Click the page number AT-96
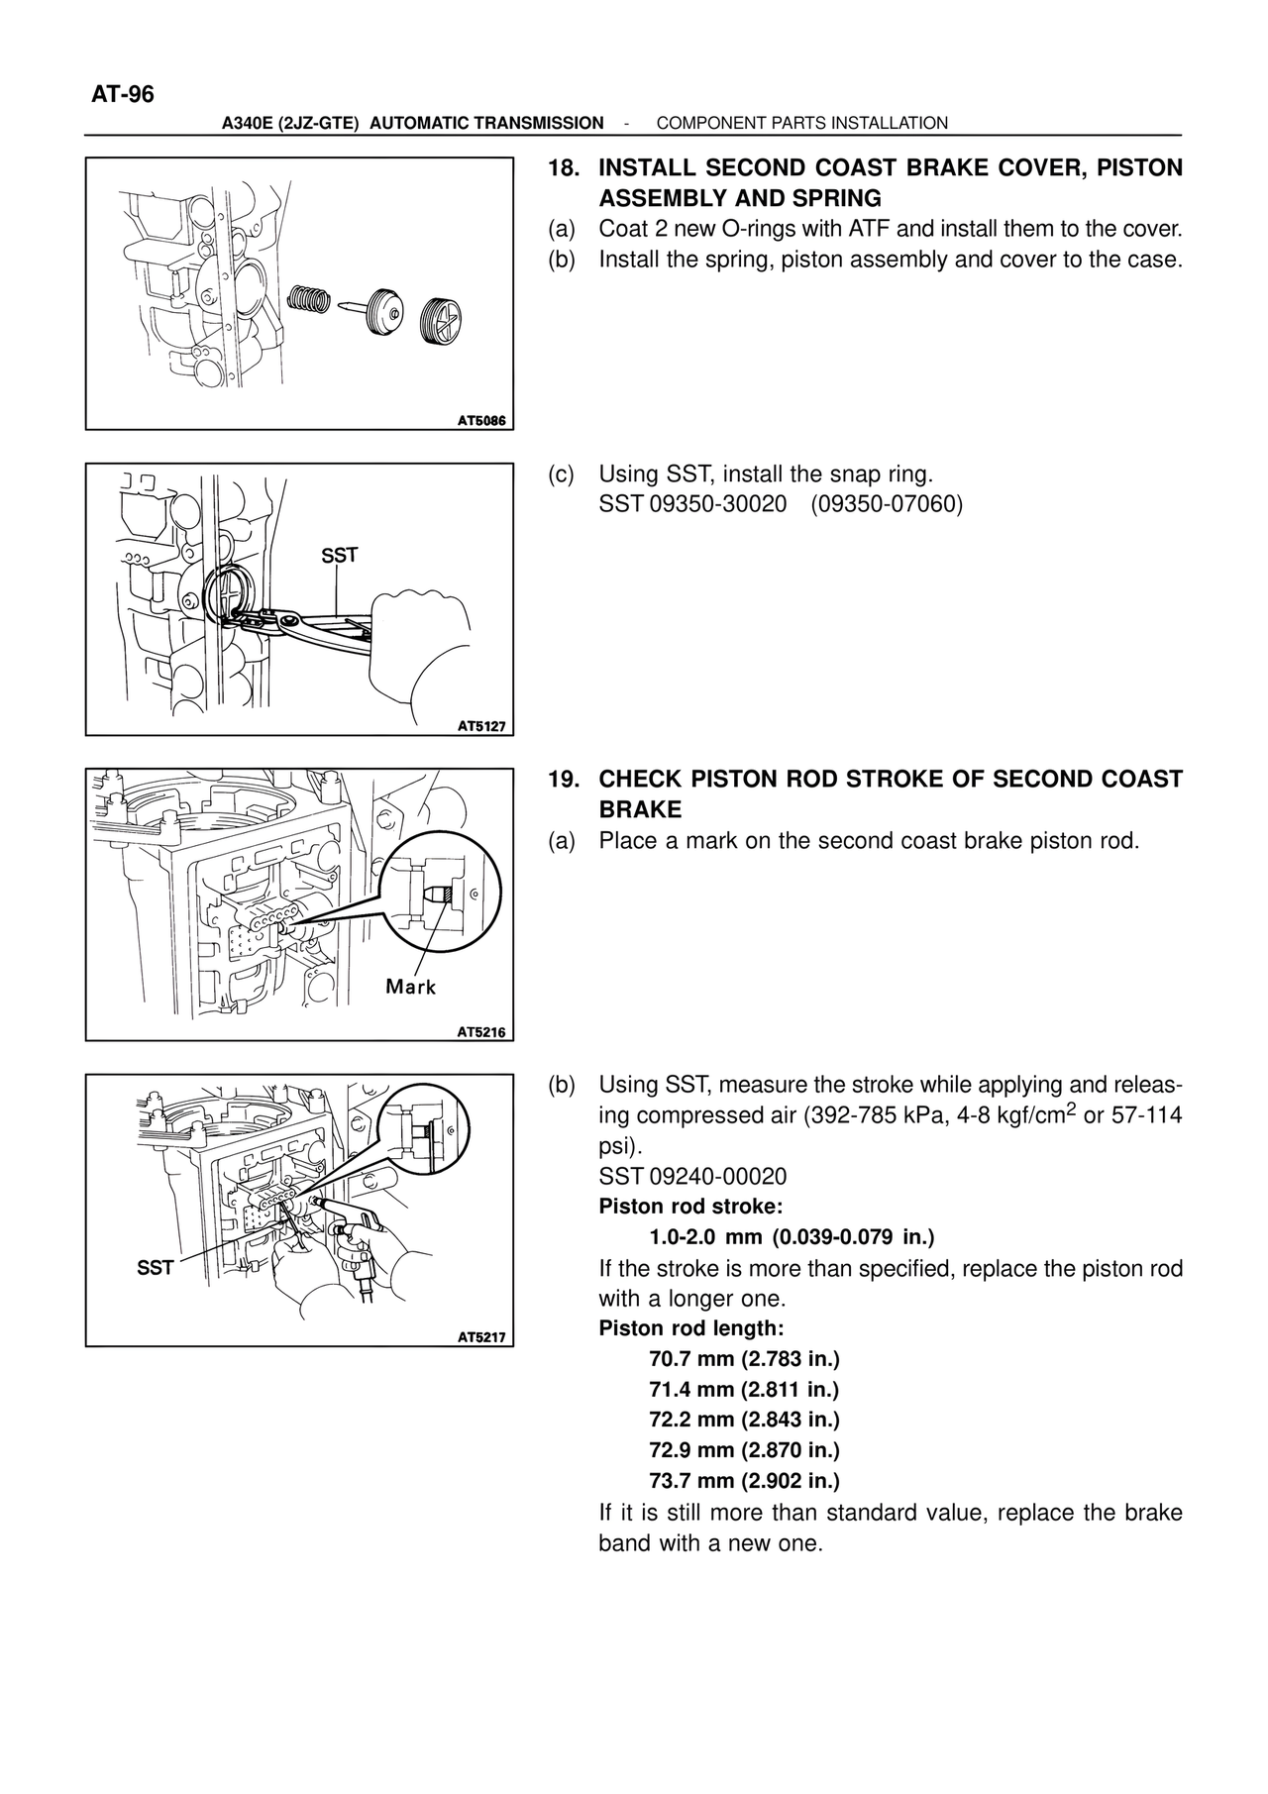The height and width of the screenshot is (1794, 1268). (x=123, y=95)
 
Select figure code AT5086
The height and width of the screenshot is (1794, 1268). (x=481, y=421)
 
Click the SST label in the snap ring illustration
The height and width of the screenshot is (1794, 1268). (x=339, y=556)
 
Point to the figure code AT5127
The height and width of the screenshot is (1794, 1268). (x=481, y=726)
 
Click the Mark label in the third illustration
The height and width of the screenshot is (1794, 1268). (x=410, y=987)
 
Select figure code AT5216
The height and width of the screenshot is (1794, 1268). (x=481, y=1032)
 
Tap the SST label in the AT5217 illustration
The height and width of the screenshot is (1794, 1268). (x=156, y=1267)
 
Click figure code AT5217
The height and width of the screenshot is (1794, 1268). (x=481, y=1337)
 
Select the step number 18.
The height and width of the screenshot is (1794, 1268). (x=564, y=168)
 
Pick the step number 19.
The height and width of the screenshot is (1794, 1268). (x=564, y=779)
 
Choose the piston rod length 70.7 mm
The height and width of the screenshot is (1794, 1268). (x=744, y=1359)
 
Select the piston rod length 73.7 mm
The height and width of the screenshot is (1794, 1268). (x=744, y=1481)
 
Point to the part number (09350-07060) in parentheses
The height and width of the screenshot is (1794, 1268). (x=887, y=505)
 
